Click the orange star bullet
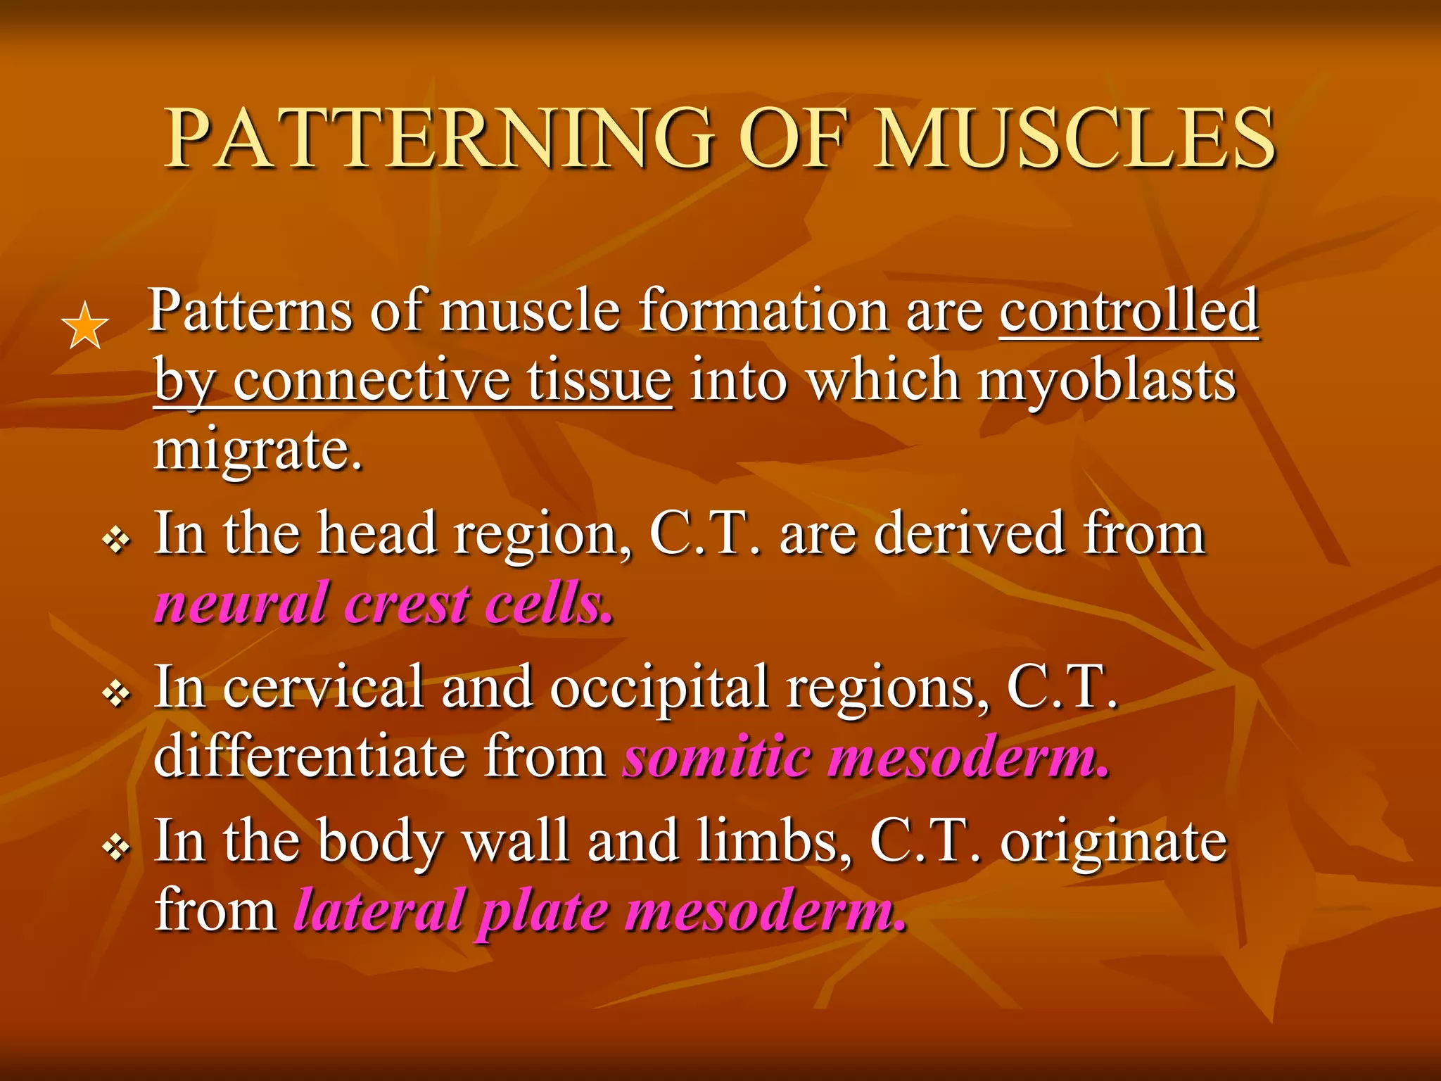pyautogui.click(x=84, y=326)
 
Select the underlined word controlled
pyautogui.click(x=1129, y=310)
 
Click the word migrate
pyautogui.click(x=258, y=450)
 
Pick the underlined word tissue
pyautogui.click(x=599, y=381)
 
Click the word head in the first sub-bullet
pyautogui.click(x=376, y=534)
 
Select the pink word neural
pyautogui.click(x=240, y=605)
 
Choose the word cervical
pyautogui.click(x=324, y=688)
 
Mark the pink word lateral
pyautogui.click(x=380, y=911)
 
